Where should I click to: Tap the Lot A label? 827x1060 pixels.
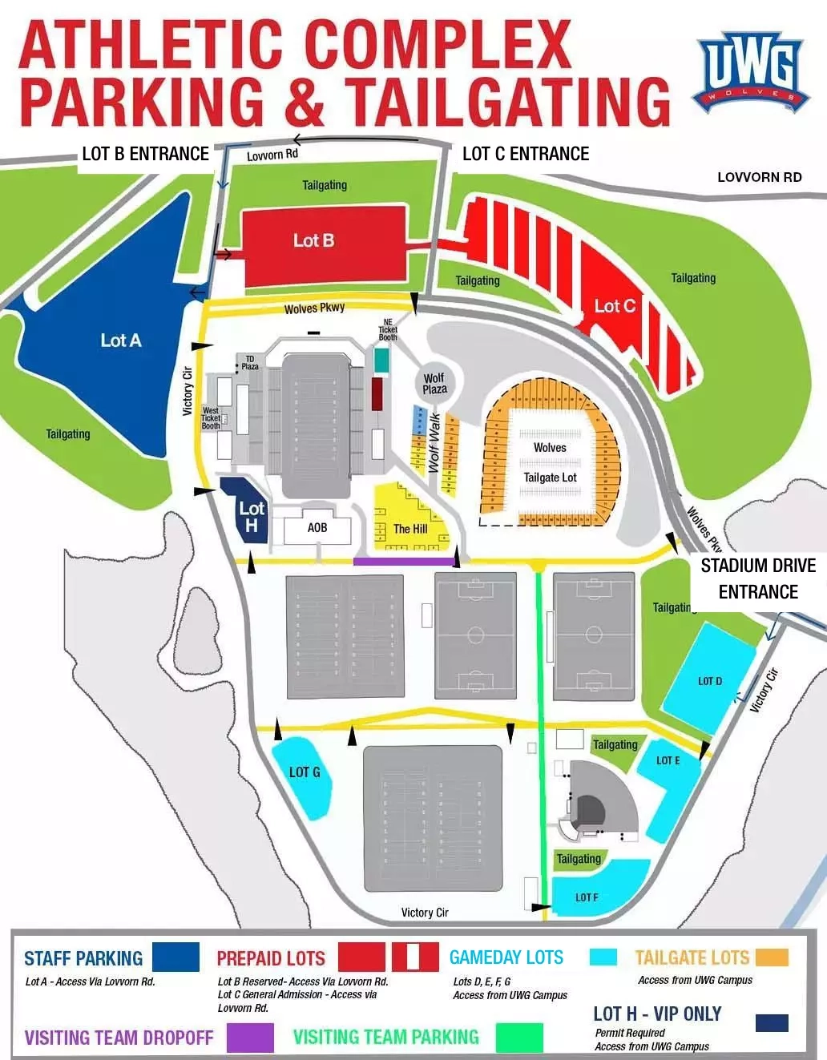coord(121,341)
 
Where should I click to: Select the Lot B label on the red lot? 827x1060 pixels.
coord(313,240)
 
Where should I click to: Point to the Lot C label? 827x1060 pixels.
coord(615,306)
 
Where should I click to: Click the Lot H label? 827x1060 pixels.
coord(251,517)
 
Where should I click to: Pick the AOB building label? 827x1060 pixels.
coord(317,528)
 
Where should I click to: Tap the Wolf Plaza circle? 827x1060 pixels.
coord(434,384)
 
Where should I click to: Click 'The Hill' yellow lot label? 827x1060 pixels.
coord(410,529)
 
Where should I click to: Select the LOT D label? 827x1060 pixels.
coord(710,681)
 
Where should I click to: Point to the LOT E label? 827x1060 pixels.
coord(668,760)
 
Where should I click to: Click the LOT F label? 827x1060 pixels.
coord(587,897)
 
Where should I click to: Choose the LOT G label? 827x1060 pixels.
coord(305,772)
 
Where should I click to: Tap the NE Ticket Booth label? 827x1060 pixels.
coord(388,329)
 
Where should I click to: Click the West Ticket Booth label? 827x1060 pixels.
coord(211,418)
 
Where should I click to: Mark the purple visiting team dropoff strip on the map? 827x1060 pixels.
coord(403,562)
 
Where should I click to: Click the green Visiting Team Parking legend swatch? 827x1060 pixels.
coord(518,1037)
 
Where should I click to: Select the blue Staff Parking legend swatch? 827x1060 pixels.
coord(175,957)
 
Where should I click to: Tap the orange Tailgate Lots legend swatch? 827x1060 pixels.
coord(772,957)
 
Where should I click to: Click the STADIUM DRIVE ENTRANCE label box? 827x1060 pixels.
coord(758,578)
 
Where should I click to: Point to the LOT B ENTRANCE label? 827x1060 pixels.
coord(145,154)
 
